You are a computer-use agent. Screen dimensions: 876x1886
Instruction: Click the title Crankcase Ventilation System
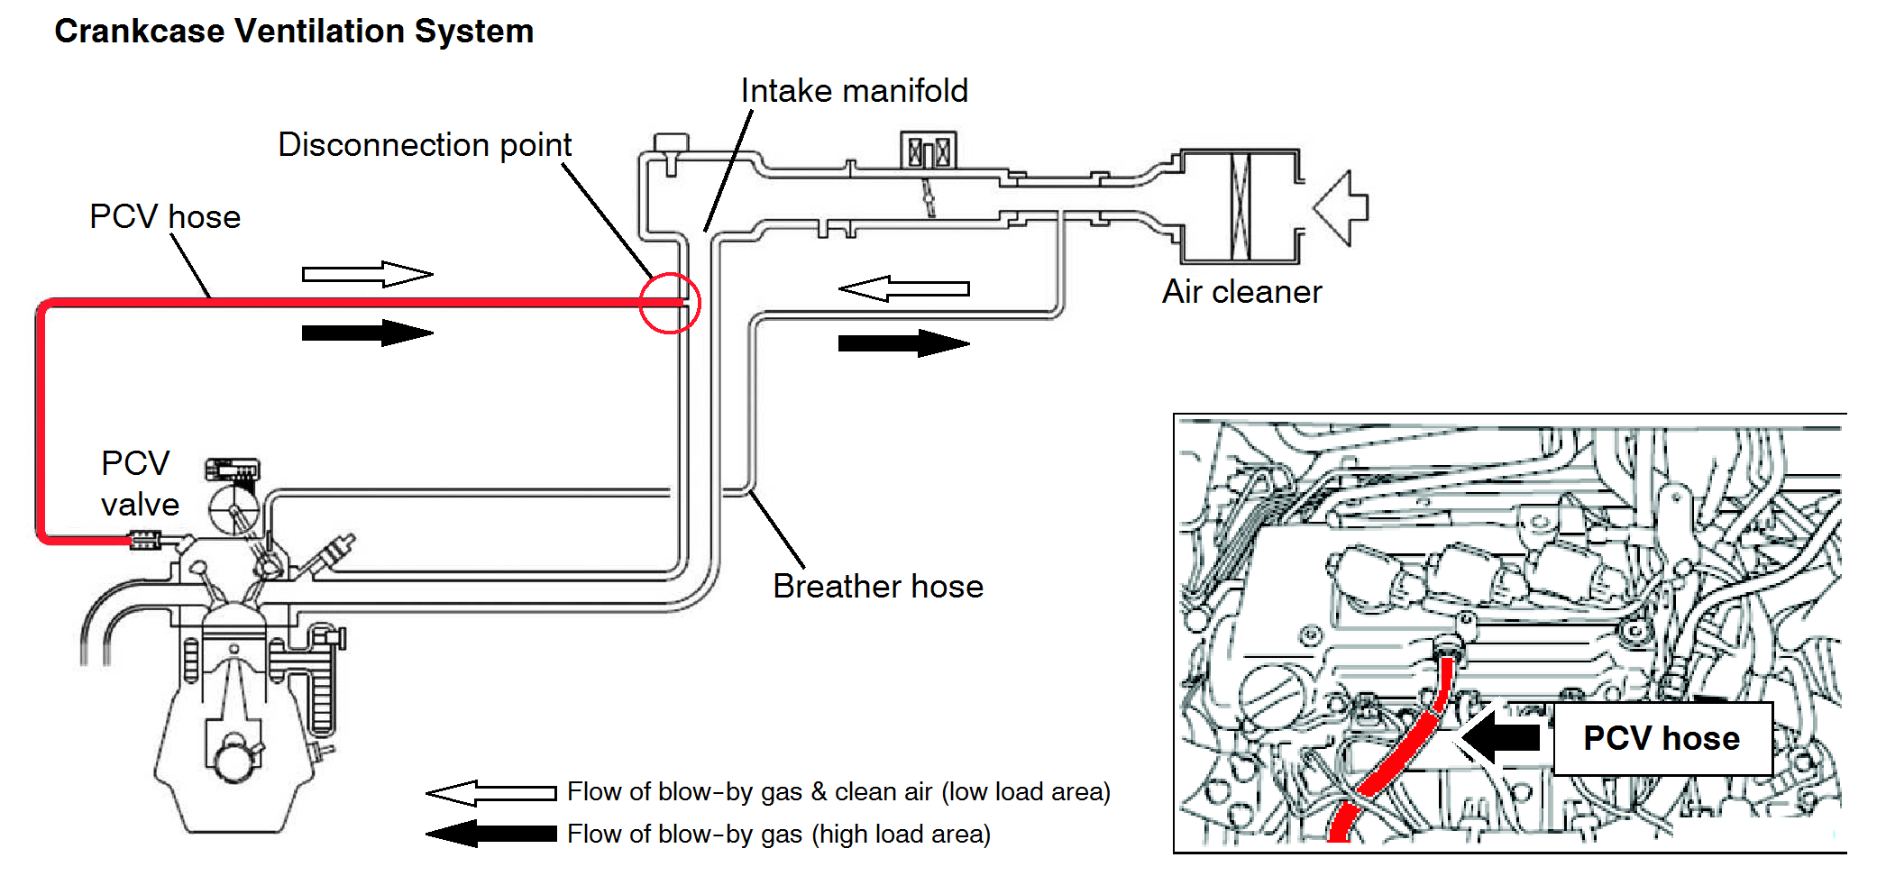tap(294, 32)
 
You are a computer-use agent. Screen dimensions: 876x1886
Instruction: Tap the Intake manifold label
tap(854, 91)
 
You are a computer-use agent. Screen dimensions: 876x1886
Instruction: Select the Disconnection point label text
tap(425, 145)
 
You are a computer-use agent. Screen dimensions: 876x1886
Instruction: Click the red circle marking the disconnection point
tap(670, 303)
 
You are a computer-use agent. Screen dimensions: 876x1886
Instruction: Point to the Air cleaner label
tap(1241, 292)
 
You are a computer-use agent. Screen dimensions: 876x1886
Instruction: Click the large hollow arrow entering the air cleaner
tap(1341, 207)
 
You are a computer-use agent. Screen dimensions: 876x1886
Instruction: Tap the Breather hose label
tap(877, 587)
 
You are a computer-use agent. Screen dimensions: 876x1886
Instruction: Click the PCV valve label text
tap(139, 484)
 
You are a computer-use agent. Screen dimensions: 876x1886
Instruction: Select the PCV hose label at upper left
tap(165, 217)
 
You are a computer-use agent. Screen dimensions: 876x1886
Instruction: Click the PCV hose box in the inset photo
tap(1662, 738)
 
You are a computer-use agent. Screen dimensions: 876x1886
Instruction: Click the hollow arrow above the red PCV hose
tap(367, 274)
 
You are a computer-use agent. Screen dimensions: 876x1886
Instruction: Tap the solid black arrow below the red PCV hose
tap(367, 333)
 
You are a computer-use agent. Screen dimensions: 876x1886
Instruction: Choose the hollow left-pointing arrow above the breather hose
tap(903, 288)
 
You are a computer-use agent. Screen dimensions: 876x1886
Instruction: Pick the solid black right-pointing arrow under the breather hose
tap(903, 343)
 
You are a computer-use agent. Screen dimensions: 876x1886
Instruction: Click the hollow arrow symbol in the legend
tap(490, 793)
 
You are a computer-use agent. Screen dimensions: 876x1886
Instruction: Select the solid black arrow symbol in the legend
tap(490, 834)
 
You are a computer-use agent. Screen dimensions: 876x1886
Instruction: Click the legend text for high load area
tap(779, 835)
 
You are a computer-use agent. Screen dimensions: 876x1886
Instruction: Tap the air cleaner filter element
tap(1241, 206)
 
